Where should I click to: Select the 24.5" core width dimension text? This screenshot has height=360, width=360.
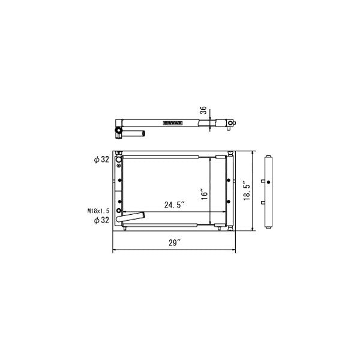(x=174, y=205)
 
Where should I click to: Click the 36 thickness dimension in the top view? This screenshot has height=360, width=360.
(x=203, y=110)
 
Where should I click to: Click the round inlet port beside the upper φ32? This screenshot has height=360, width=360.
(x=119, y=160)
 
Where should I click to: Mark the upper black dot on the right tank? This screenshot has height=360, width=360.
(x=226, y=179)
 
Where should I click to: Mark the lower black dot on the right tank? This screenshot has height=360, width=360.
(x=226, y=200)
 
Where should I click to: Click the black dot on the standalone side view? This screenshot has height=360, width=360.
(x=269, y=182)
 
